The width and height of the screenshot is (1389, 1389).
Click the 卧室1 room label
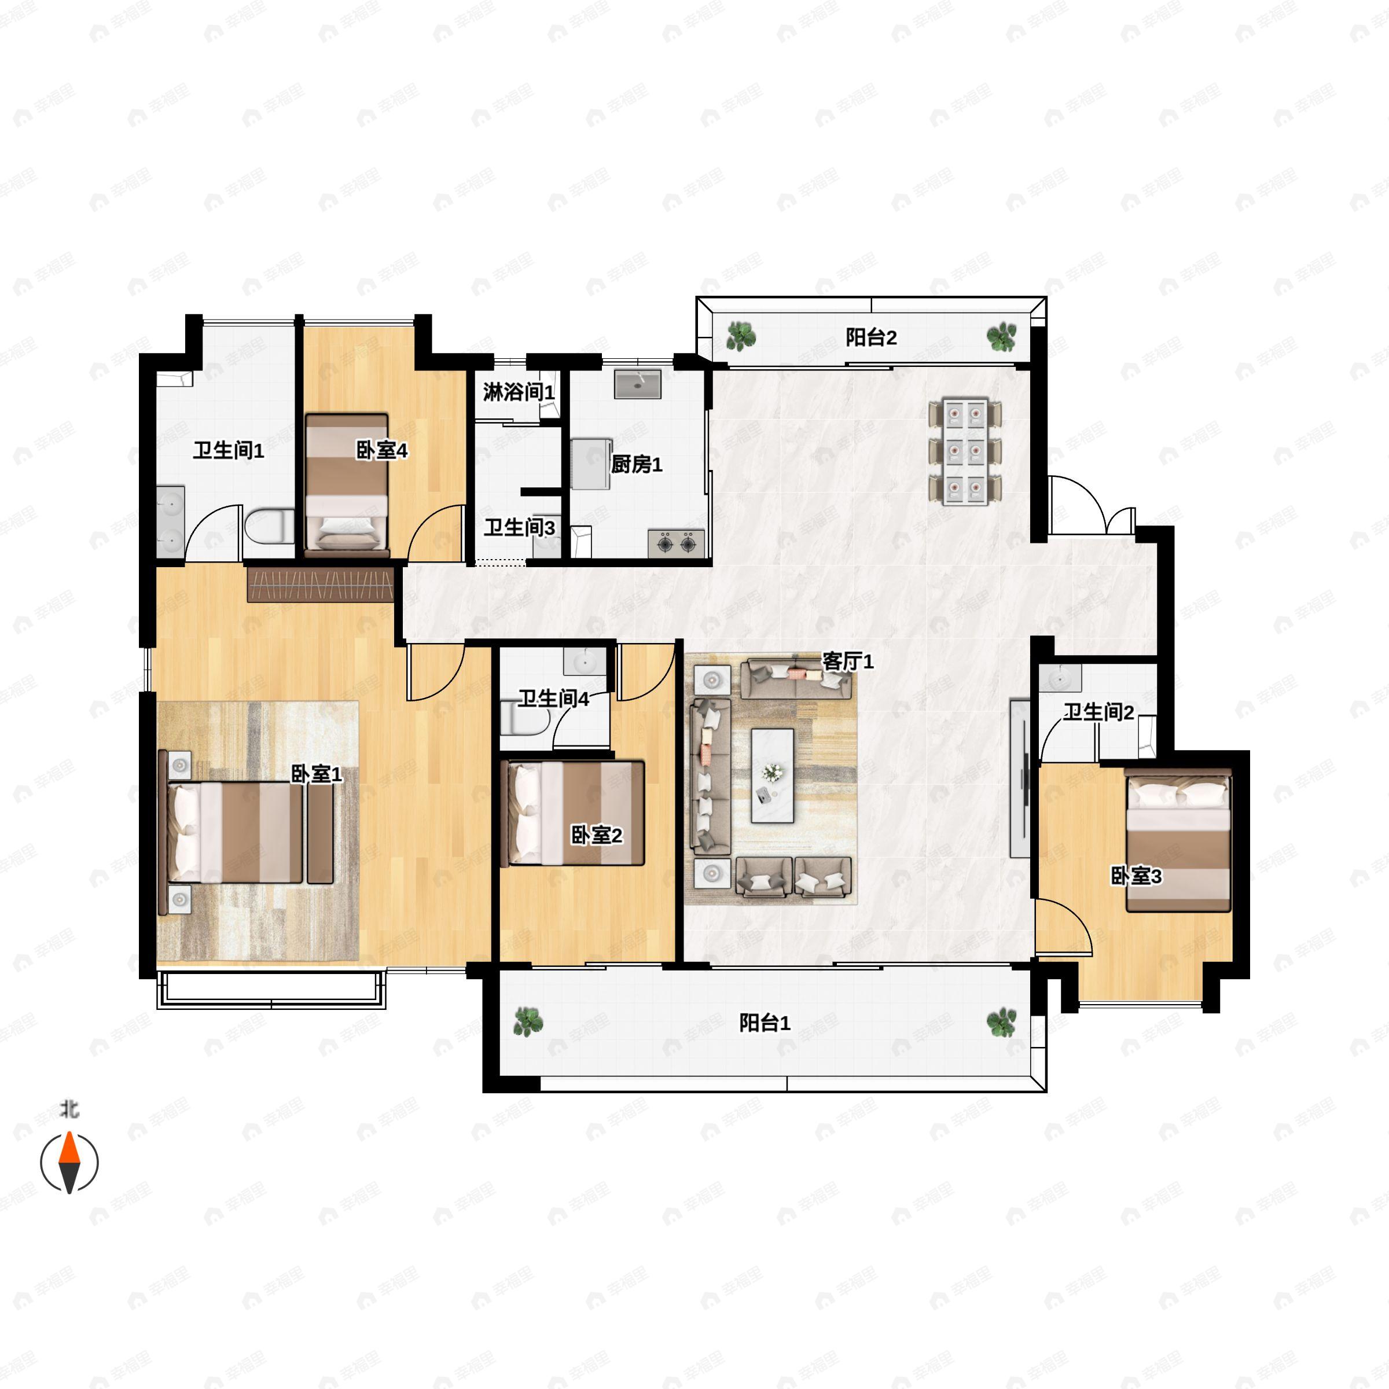317,774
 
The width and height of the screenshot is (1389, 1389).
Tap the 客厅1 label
848,662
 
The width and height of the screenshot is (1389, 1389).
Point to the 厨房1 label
636,464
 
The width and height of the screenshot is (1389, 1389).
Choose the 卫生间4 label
554,698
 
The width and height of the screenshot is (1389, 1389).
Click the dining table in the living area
965,451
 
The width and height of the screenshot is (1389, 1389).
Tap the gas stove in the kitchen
676,543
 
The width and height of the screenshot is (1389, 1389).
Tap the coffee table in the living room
772,776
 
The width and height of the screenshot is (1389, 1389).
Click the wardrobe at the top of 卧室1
321,584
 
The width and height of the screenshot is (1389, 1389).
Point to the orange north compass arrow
69,1148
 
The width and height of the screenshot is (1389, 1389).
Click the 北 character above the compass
69,1111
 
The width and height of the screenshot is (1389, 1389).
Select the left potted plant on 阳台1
528,1021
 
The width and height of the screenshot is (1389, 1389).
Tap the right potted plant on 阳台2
1001,336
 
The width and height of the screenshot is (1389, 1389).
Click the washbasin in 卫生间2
1061,677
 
